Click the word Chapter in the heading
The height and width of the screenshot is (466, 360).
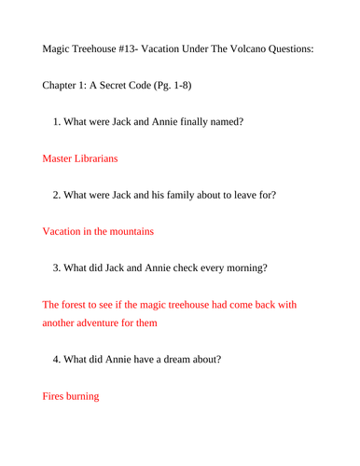[65, 85]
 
